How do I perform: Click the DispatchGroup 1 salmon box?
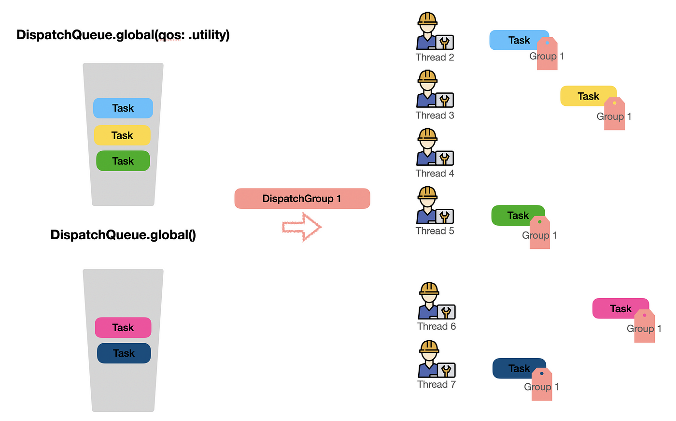point(302,199)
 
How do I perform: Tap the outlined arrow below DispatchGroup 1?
point(302,227)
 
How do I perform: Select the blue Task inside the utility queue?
point(123,108)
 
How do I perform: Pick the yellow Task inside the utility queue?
point(122,135)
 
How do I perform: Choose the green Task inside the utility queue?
point(123,161)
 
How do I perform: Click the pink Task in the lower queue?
point(123,328)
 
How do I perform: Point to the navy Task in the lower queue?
point(124,353)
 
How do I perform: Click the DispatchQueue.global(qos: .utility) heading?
point(123,35)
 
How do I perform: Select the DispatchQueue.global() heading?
point(123,235)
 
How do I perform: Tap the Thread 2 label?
point(435,58)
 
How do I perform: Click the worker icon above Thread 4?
point(428,146)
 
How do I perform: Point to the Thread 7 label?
point(437,385)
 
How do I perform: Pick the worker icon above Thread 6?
point(430,300)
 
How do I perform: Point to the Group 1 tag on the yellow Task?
point(614,115)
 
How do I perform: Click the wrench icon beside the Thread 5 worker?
point(445,217)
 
